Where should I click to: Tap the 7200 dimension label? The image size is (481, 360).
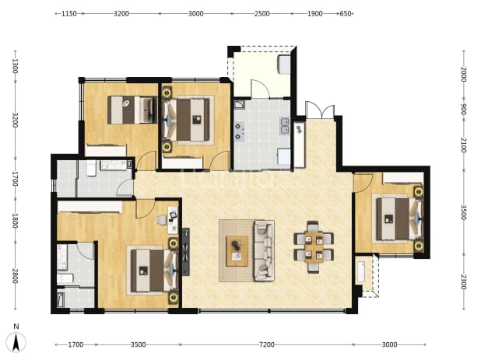(267, 344)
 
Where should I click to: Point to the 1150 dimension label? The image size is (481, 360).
(69, 13)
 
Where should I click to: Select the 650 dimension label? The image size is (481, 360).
(346, 13)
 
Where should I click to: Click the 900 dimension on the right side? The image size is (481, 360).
(464, 110)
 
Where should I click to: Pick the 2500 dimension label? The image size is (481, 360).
(262, 13)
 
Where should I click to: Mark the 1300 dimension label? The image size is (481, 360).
(15, 66)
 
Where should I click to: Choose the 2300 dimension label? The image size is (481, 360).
(464, 282)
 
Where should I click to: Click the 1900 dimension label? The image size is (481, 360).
(314, 13)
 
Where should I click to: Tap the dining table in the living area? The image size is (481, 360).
(314, 246)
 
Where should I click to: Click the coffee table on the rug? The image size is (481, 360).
(237, 251)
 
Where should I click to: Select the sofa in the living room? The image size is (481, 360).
(264, 250)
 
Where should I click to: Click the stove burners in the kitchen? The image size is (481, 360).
(239, 131)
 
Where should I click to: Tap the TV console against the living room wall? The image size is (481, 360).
(185, 252)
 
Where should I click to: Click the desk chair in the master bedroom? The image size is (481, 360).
(162, 219)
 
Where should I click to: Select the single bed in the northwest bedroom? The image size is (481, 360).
(132, 110)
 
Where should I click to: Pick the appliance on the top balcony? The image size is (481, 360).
(284, 65)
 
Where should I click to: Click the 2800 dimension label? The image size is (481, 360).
(15, 276)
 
